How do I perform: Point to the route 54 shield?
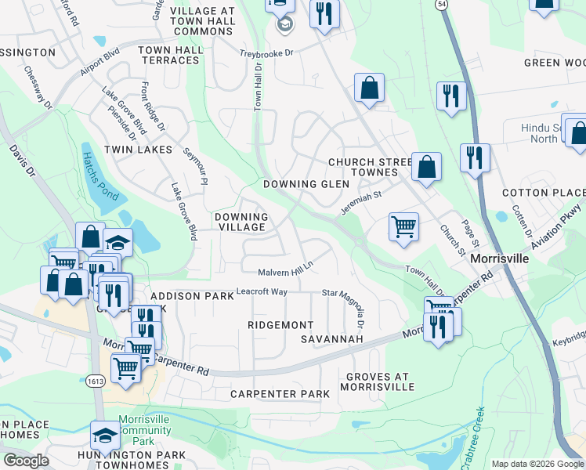(442, 5)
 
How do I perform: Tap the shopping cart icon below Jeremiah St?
(403, 227)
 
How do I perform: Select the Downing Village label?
(241, 222)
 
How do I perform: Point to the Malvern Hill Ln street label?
(286, 271)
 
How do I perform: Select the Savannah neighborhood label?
(332, 339)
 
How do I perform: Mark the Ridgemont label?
(280, 324)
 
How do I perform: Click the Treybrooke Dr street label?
(266, 53)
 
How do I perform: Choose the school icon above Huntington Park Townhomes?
(106, 434)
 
